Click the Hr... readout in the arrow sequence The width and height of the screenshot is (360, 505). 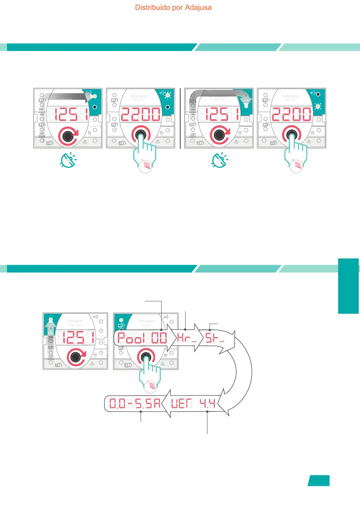tap(186, 340)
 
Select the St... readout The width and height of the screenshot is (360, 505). tap(214, 340)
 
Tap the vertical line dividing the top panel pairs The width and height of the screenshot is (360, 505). tap(181, 118)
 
